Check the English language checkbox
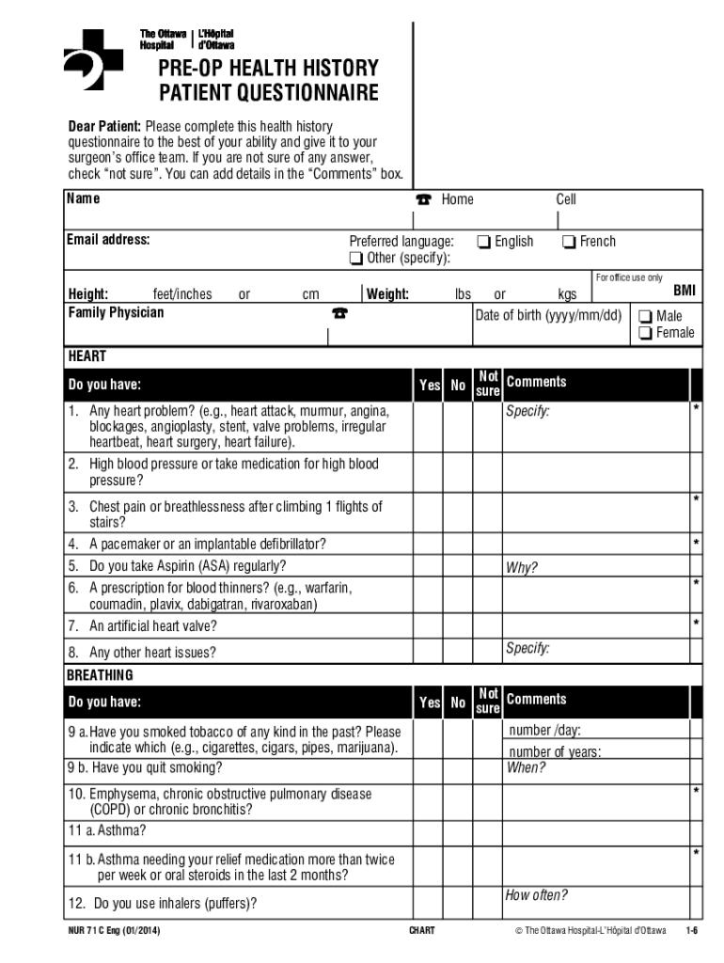[483, 242]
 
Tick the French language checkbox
[569, 242]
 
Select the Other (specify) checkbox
[355, 259]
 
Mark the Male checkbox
[645, 316]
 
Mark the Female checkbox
[645, 333]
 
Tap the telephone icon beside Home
[423, 199]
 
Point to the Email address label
[108, 240]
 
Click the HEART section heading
[87, 357]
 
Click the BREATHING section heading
[100, 675]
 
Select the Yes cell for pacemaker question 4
[430, 545]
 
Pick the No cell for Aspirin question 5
[458, 567]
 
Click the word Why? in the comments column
[522, 568]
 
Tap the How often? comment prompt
[537, 895]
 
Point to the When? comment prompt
[526, 767]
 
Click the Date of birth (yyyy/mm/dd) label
[549, 315]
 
